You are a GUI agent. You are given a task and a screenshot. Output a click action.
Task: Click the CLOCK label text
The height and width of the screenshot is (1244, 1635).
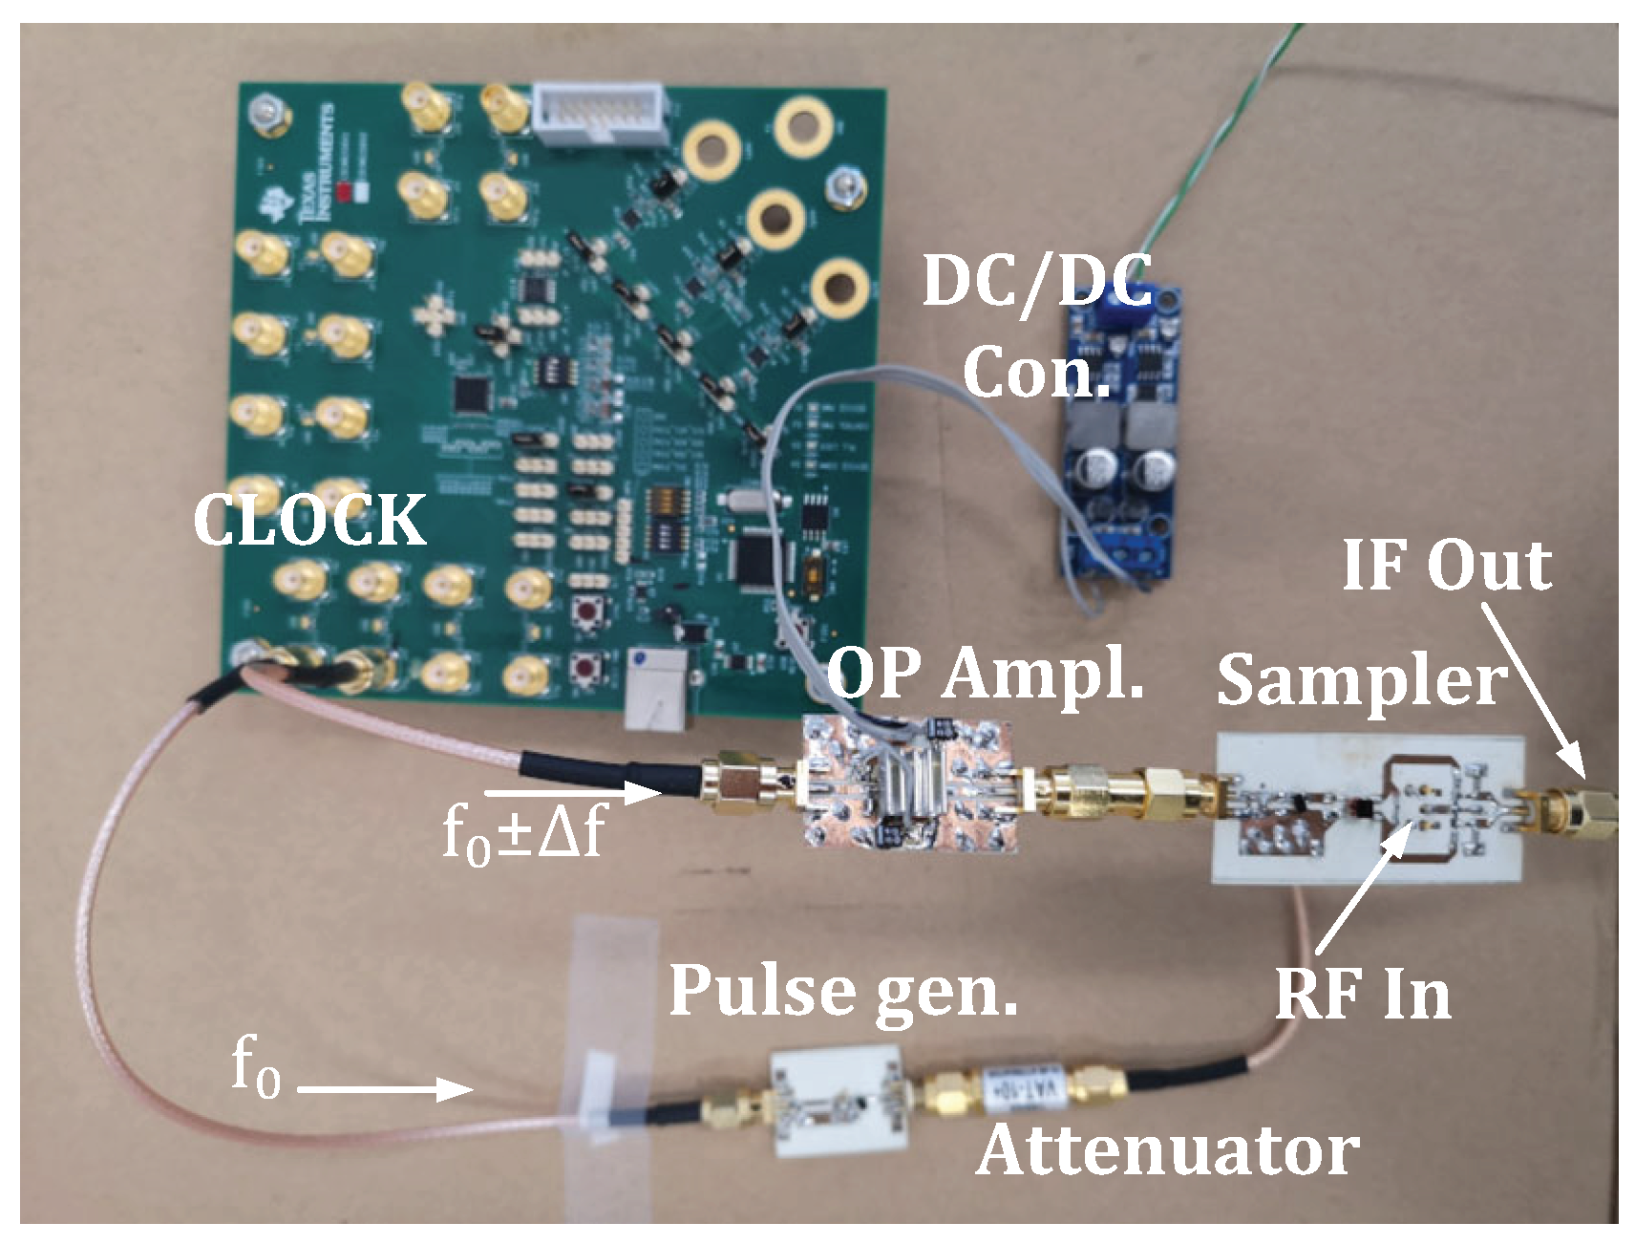pyautogui.click(x=309, y=521)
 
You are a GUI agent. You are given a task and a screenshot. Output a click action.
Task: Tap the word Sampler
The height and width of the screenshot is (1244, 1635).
pyautogui.click(x=1361, y=681)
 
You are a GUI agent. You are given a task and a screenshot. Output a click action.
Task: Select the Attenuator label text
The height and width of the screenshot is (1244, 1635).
pyautogui.click(x=1167, y=1149)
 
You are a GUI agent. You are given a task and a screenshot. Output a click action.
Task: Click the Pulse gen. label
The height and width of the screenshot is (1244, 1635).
pyautogui.click(x=842, y=991)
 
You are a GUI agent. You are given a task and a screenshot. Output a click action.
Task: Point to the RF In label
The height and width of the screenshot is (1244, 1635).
pyautogui.click(x=1363, y=995)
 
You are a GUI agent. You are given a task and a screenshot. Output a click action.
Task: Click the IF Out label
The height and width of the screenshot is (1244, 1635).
pyautogui.click(x=1446, y=565)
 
